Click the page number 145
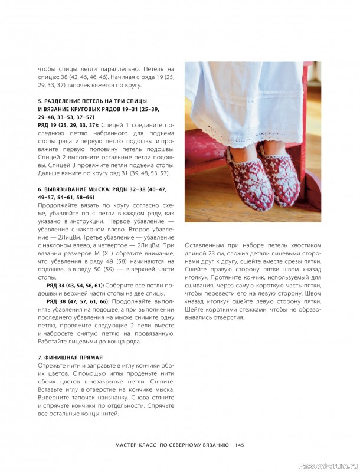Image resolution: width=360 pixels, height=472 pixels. coord(240,445)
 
